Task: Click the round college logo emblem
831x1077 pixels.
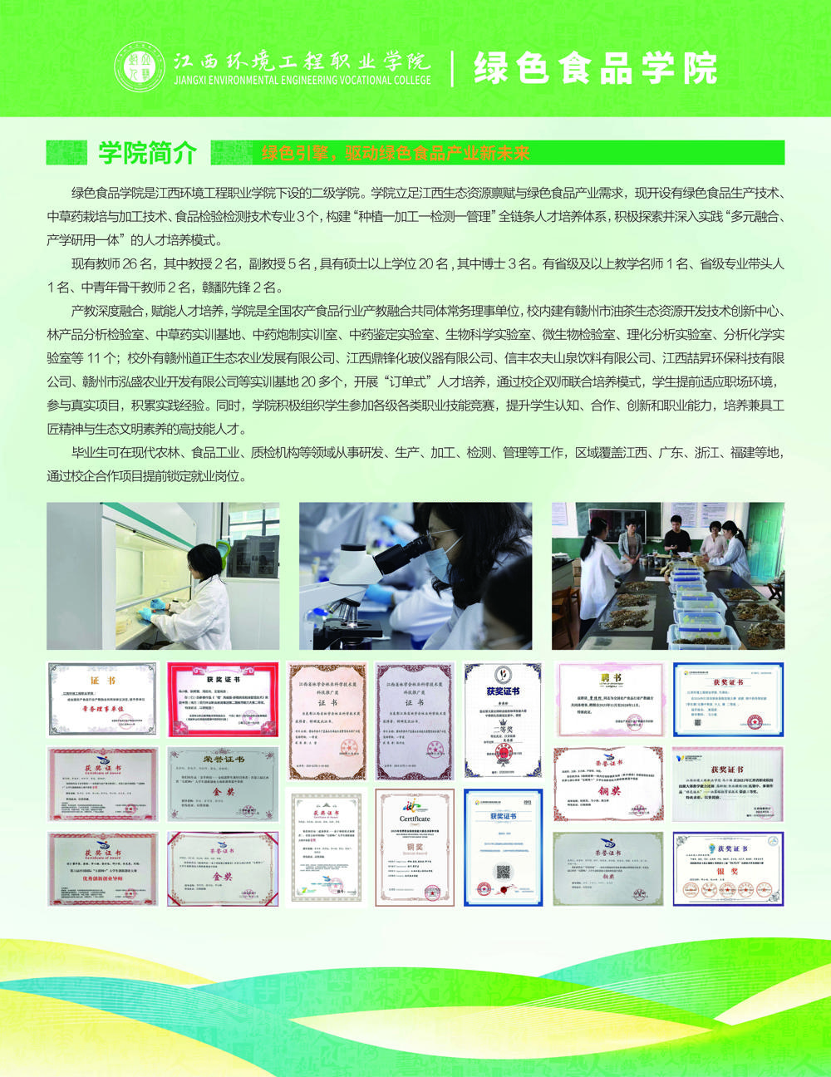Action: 140,67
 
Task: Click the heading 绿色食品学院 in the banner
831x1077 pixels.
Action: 595,68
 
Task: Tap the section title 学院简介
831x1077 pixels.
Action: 148,153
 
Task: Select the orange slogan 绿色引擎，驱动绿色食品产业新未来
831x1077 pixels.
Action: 396,154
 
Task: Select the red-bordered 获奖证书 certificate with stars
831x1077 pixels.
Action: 222,698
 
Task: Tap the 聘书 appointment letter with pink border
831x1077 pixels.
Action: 609,700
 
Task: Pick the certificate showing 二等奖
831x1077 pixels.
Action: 502,719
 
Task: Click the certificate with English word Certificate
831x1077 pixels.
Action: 415,847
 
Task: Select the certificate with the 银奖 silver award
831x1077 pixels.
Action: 727,868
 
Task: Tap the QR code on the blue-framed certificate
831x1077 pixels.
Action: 502,872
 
